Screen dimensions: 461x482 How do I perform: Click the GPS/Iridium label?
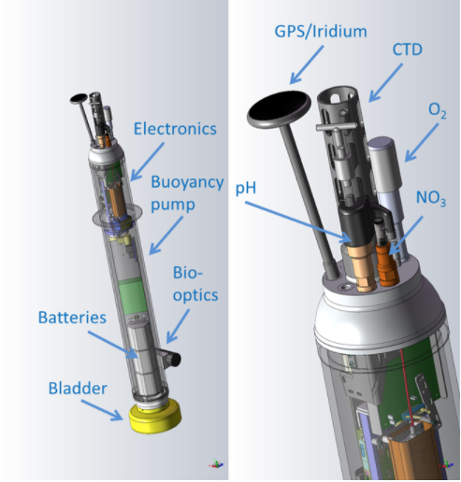click(321, 32)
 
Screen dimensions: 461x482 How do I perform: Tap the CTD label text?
click(407, 50)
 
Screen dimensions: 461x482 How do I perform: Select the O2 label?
click(438, 111)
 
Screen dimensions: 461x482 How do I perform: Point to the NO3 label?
click(431, 198)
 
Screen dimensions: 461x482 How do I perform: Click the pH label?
click(246, 189)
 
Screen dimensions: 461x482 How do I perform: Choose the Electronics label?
click(175, 129)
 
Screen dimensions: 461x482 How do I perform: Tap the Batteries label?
click(72, 318)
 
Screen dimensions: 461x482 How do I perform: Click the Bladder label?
click(78, 389)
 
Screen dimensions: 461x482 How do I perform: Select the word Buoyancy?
click(187, 182)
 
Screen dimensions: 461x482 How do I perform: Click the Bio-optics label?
click(195, 284)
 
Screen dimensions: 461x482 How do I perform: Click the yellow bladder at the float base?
click(155, 417)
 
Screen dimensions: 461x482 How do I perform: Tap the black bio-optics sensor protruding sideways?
click(173, 359)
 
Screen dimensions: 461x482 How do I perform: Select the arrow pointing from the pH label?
click(298, 222)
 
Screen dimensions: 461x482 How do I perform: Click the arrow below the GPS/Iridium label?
click(307, 65)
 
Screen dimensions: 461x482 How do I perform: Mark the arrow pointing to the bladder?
click(102, 411)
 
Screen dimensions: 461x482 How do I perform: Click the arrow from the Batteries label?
click(112, 345)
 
